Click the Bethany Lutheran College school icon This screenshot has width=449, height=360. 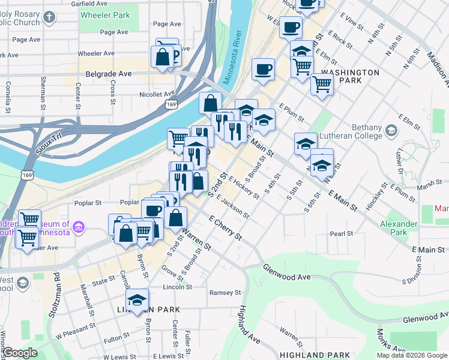[x=391, y=130]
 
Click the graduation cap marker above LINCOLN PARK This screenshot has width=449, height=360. [x=137, y=300]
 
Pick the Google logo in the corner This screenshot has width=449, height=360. [x=20, y=353]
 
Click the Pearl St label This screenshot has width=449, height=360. [x=340, y=233]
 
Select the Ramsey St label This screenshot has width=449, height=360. [x=224, y=293]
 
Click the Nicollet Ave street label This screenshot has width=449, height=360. [x=157, y=94]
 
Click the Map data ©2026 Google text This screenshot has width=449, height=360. [x=412, y=355]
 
